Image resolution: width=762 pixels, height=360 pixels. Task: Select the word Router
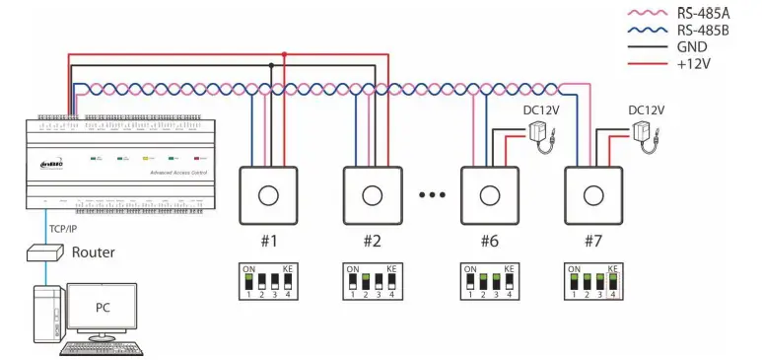click(x=94, y=252)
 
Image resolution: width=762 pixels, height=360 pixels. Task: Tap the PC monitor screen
click(x=102, y=307)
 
